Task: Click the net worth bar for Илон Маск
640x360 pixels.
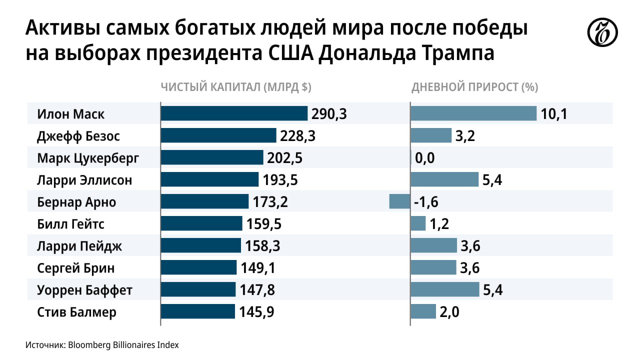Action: pyautogui.click(x=234, y=113)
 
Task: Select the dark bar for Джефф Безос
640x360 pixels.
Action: pyautogui.click(x=218, y=135)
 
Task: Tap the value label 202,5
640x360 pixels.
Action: pyautogui.click(x=285, y=158)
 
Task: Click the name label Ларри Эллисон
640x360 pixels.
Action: pyautogui.click(x=84, y=179)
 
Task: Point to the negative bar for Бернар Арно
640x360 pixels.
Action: pyautogui.click(x=399, y=201)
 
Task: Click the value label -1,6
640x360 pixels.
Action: pyautogui.click(x=426, y=202)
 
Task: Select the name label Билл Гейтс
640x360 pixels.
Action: pyautogui.click(x=71, y=223)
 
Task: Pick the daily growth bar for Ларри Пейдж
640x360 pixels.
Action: pyautogui.click(x=433, y=245)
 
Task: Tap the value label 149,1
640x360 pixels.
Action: pyautogui.click(x=258, y=268)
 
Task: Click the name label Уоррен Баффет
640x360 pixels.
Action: pyautogui.click(x=84, y=290)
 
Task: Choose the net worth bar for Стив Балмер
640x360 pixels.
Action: pyautogui.click(x=198, y=311)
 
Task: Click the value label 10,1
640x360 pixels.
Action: pyautogui.click(x=553, y=114)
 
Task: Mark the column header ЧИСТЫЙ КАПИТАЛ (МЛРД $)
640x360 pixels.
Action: pyautogui.click(x=236, y=87)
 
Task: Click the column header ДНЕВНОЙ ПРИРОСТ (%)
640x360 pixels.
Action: pyautogui.click(x=474, y=87)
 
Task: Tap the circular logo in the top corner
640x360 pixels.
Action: pyautogui.click(x=602, y=34)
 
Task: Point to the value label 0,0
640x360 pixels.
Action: pyautogui.click(x=425, y=158)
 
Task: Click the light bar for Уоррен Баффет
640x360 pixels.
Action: pyautogui.click(x=444, y=289)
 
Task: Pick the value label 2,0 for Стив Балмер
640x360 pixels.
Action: pyautogui.click(x=449, y=312)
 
